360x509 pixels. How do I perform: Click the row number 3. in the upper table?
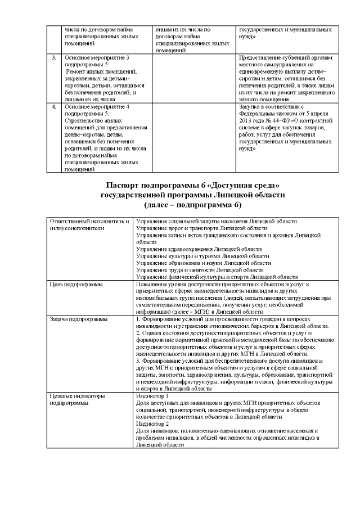pos(54,58)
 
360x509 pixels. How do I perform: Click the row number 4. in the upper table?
pos(54,106)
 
